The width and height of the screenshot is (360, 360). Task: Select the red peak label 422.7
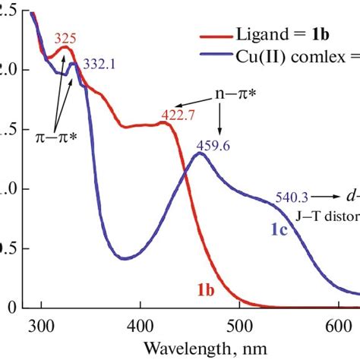(x=175, y=116)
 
